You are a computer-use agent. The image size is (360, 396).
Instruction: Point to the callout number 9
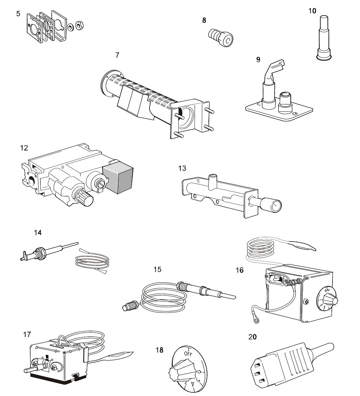[258, 60]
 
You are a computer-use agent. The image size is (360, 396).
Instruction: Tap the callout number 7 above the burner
[117, 55]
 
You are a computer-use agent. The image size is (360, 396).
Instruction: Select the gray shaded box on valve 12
[117, 179]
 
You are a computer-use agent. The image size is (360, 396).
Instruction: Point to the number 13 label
[182, 168]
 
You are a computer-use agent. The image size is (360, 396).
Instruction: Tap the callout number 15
[157, 269]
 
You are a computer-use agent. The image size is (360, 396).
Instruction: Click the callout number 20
[252, 337]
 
